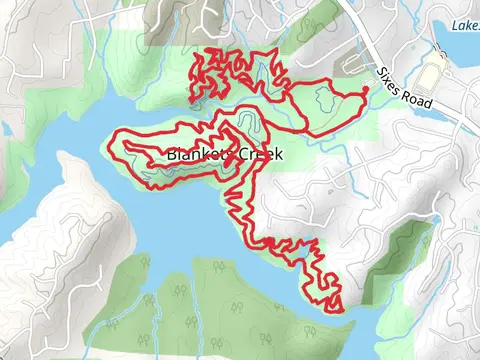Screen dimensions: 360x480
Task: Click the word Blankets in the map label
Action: click(197, 155)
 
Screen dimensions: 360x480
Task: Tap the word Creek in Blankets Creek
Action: click(257, 155)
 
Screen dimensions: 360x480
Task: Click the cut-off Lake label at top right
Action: click(465, 24)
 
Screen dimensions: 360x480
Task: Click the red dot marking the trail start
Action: click(365, 90)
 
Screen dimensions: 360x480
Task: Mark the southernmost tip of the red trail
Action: click(340, 311)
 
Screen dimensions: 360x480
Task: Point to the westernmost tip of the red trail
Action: click(112, 135)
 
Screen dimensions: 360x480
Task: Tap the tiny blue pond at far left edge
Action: click(5, 129)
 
